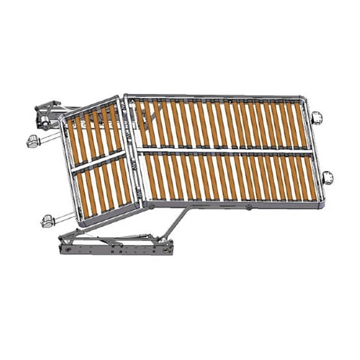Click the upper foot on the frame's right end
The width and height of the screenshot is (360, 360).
pyautogui.click(x=319, y=119)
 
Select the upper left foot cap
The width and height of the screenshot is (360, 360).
pyautogui.click(x=33, y=142)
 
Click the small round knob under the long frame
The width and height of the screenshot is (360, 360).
pyautogui.click(x=248, y=207)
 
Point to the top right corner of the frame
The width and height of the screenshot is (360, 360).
pyautogui.click(x=303, y=99)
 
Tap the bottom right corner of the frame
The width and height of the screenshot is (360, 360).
pyautogui.click(x=318, y=202)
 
